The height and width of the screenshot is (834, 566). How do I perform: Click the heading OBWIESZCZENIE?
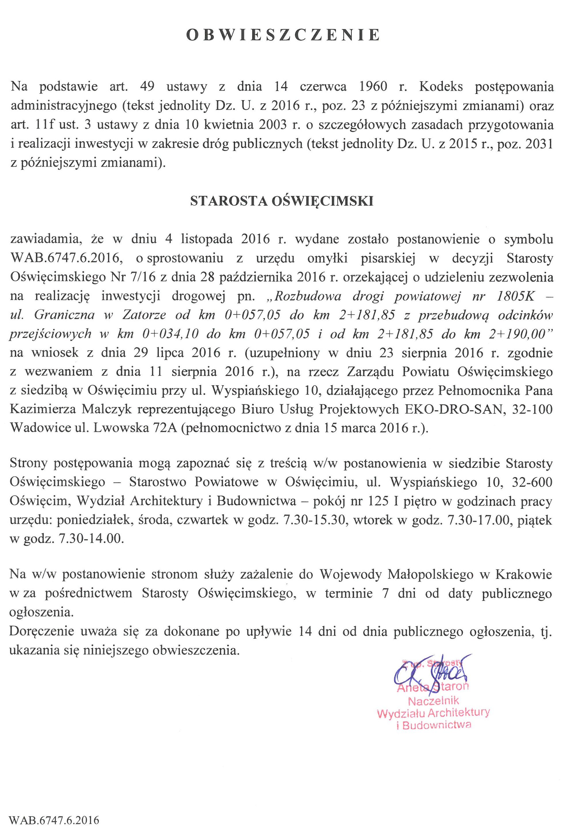tap(283, 35)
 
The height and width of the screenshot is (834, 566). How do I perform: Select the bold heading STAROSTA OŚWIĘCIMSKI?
tap(282, 201)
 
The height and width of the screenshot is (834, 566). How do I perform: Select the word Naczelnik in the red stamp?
tap(433, 700)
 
